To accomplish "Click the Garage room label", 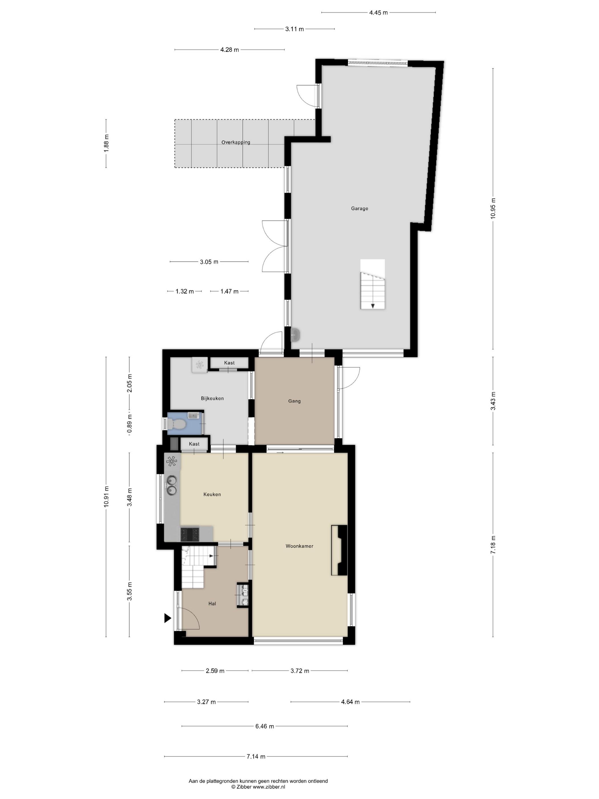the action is [359, 208].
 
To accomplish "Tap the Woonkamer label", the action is [299, 546].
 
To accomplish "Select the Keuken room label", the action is [212, 494].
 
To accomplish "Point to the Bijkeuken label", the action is [212, 398].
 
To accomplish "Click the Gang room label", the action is [294, 401].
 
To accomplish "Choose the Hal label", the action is [212, 603].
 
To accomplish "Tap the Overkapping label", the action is [236, 142].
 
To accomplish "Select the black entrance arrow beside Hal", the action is [167, 618].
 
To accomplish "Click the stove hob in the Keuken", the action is [190, 534].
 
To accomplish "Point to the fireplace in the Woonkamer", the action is [339, 550].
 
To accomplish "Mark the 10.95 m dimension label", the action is [493, 208].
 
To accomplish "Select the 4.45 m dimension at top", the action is [379, 13].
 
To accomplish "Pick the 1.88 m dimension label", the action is [106, 143].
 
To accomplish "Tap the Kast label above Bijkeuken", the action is [229, 363].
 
